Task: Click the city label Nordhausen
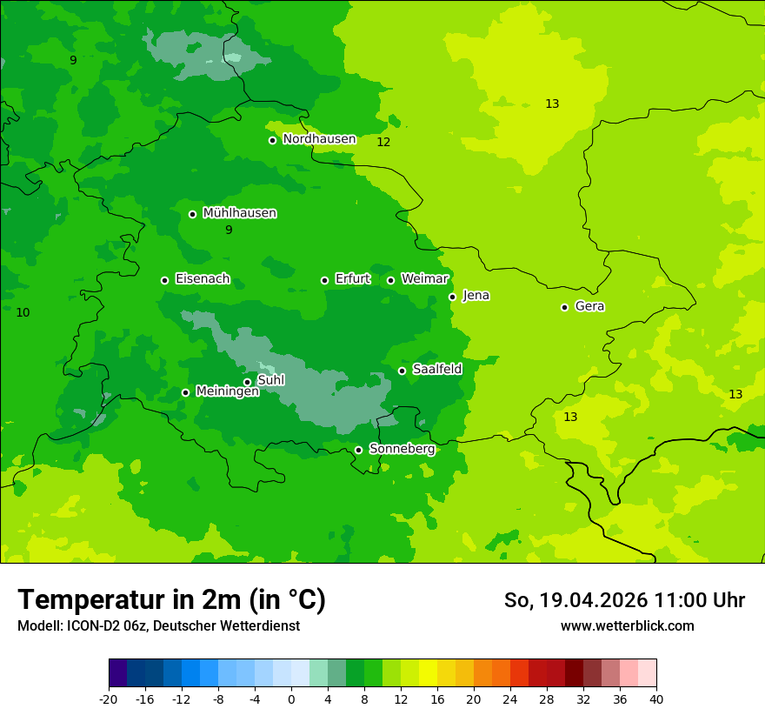(319, 139)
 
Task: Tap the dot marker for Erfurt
(324, 280)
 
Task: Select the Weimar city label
(424, 279)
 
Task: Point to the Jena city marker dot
(452, 297)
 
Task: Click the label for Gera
(589, 306)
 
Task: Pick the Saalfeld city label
(437, 370)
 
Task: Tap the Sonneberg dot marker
(358, 450)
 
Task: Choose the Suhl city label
(271, 380)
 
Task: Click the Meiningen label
(227, 391)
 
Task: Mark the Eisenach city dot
(164, 280)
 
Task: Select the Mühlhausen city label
(239, 213)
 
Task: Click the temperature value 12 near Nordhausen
(383, 142)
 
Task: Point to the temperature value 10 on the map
(23, 312)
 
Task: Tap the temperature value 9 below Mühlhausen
(229, 231)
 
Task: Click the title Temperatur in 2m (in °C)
(171, 599)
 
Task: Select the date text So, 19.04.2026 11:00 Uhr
(624, 600)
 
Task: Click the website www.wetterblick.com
(627, 625)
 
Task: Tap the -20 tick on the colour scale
(109, 699)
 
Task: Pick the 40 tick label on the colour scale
(655, 699)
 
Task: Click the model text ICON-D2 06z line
(158, 625)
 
